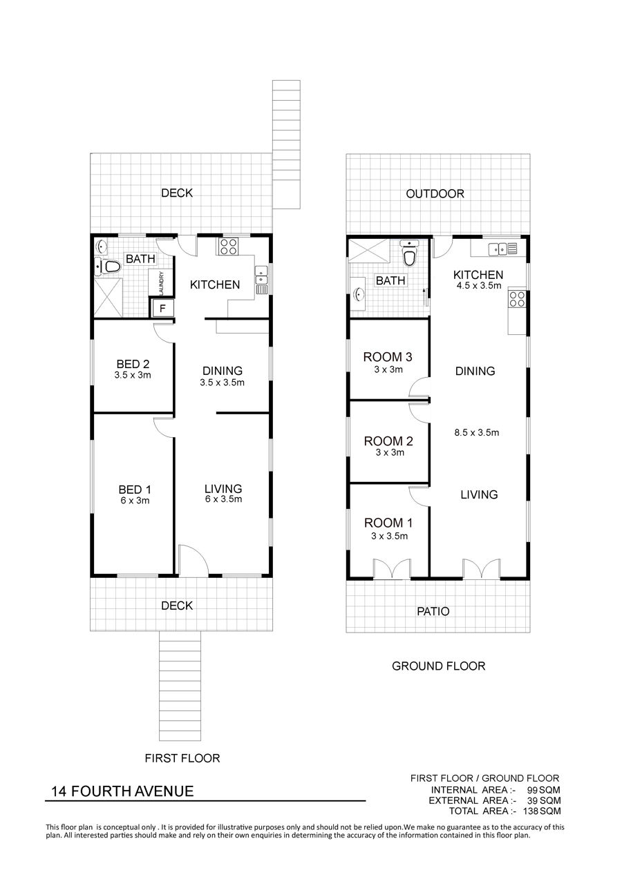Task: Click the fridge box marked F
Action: click(162, 308)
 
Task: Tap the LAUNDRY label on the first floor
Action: click(162, 282)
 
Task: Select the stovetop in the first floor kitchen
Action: click(229, 247)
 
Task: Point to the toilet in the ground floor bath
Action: click(408, 254)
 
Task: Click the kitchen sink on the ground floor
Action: click(502, 249)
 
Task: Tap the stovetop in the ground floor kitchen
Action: click(517, 299)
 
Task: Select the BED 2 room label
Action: click(133, 364)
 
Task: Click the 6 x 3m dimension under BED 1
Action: click(135, 501)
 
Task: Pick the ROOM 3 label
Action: click(388, 357)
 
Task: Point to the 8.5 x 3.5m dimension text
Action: click(477, 432)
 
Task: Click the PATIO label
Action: click(433, 611)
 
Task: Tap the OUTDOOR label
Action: click(435, 193)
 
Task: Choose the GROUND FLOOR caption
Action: click(439, 666)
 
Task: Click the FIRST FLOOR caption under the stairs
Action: click(182, 758)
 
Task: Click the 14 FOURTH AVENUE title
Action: click(122, 791)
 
